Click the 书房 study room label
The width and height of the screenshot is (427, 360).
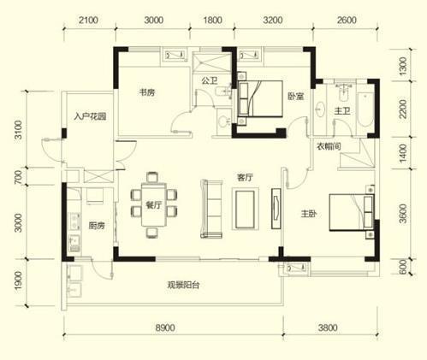(x=147, y=92)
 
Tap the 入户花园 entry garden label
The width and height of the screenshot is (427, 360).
(x=90, y=116)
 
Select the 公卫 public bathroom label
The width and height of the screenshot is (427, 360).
(x=210, y=80)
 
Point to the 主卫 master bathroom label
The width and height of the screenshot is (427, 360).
(x=342, y=110)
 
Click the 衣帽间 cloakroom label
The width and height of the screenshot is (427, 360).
(x=329, y=146)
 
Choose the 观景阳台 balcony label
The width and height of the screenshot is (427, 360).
(x=183, y=285)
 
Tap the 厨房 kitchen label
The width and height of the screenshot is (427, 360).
(x=97, y=226)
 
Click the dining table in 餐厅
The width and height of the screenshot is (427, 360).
(x=154, y=205)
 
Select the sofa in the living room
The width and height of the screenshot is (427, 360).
(x=211, y=209)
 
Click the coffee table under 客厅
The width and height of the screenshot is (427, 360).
(x=245, y=209)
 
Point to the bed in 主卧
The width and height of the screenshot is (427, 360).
(x=352, y=212)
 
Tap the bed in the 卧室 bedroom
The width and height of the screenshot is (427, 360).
(x=260, y=98)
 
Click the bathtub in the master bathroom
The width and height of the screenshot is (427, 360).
(x=365, y=109)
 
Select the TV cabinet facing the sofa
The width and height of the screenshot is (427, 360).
(x=276, y=209)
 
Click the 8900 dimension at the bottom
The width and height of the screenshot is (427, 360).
(x=165, y=328)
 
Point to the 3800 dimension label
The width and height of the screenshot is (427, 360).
(x=328, y=328)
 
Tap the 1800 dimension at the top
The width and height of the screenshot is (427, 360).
(x=212, y=20)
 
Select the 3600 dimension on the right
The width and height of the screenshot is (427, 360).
(x=402, y=214)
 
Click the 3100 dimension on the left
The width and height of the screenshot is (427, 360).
(x=18, y=130)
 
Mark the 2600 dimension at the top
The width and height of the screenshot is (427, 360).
(x=347, y=20)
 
